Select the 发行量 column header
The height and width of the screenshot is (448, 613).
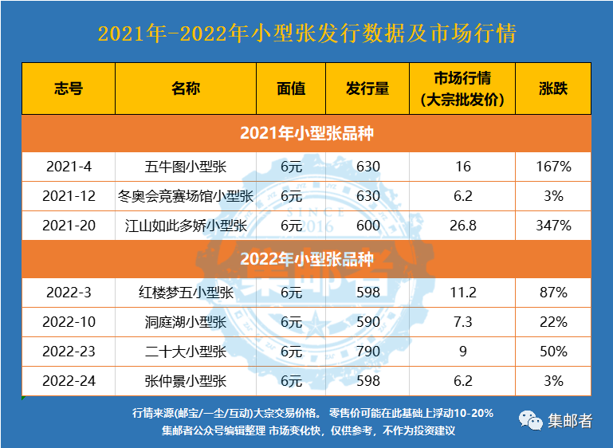point(367,88)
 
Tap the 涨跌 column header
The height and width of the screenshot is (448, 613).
point(553,88)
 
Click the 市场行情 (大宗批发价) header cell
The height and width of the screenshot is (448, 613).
point(462,88)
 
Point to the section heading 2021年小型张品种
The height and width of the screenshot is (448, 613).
point(307,133)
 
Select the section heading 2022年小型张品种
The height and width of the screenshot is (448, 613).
point(307,259)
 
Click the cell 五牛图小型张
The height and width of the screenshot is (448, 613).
point(186,167)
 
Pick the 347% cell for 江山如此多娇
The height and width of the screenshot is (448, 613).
point(553,226)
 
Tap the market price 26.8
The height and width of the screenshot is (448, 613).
point(462,226)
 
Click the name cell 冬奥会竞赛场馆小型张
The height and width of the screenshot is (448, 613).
point(186,196)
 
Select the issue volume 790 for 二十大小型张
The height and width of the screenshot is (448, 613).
point(367,352)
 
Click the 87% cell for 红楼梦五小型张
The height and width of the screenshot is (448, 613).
point(553,293)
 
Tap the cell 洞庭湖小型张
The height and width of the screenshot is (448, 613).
point(186,322)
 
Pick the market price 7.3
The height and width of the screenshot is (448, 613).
point(462,322)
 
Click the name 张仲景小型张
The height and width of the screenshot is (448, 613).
point(186,381)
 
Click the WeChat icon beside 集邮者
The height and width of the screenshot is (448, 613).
point(529,421)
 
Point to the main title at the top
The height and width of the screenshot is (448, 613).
point(307,34)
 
